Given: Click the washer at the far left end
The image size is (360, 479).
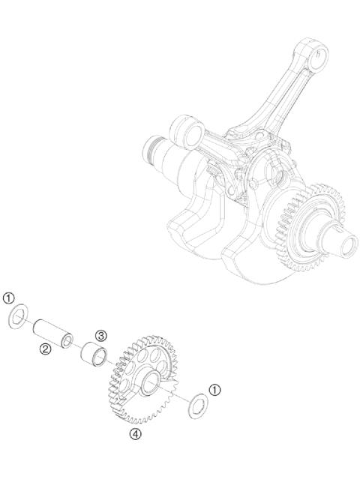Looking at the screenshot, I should tap(16, 319).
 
